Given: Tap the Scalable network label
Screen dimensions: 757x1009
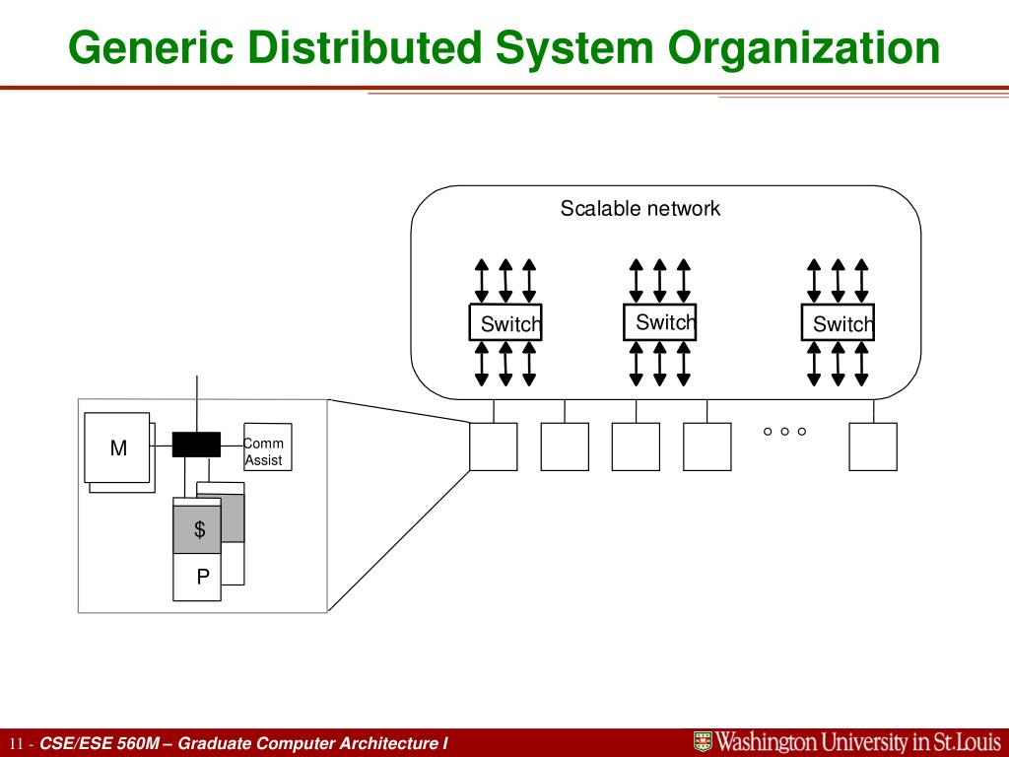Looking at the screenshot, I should (x=640, y=209).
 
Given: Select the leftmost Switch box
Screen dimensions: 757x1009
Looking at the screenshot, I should (x=505, y=323).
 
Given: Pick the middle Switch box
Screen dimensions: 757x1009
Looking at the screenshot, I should (x=660, y=322).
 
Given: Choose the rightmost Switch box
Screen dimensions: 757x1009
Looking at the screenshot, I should (x=838, y=323).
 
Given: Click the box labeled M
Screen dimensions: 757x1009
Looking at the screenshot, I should (x=117, y=447).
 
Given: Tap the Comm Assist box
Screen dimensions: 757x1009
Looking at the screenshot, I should (x=267, y=451).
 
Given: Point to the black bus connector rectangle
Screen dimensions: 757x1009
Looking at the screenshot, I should (x=196, y=445).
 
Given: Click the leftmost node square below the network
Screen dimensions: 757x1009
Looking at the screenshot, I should (x=494, y=447).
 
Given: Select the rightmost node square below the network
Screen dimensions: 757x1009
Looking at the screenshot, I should (x=873, y=447).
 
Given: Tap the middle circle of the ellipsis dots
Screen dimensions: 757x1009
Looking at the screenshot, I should (x=784, y=432).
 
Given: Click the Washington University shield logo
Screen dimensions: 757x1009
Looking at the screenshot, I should (x=703, y=742).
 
